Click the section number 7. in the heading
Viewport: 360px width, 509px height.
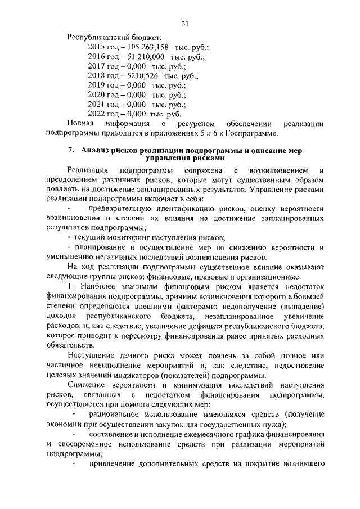pyautogui.click(x=71, y=150)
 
